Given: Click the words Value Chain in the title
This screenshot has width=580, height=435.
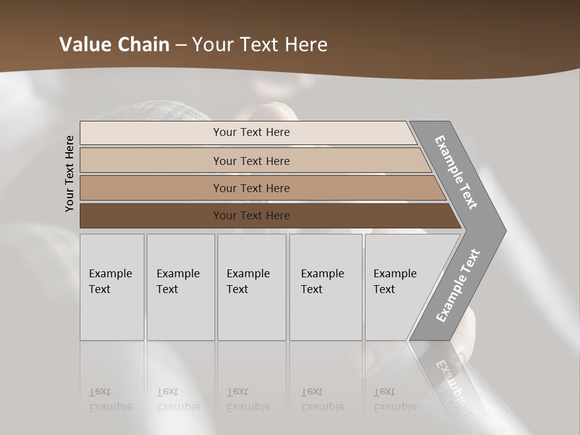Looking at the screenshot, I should tap(114, 45).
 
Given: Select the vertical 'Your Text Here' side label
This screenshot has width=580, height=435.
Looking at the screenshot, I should tap(69, 173).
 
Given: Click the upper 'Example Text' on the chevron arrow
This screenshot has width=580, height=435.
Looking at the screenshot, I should tap(456, 172).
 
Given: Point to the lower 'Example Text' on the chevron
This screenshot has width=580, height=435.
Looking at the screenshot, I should tap(457, 286).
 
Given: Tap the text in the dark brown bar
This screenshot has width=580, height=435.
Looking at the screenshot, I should tap(251, 216).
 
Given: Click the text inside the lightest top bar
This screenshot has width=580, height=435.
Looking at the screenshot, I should tap(251, 132).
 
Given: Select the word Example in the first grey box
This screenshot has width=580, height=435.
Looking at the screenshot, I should tap(110, 274).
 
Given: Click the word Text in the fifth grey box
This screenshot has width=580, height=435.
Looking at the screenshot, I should tap(384, 289).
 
